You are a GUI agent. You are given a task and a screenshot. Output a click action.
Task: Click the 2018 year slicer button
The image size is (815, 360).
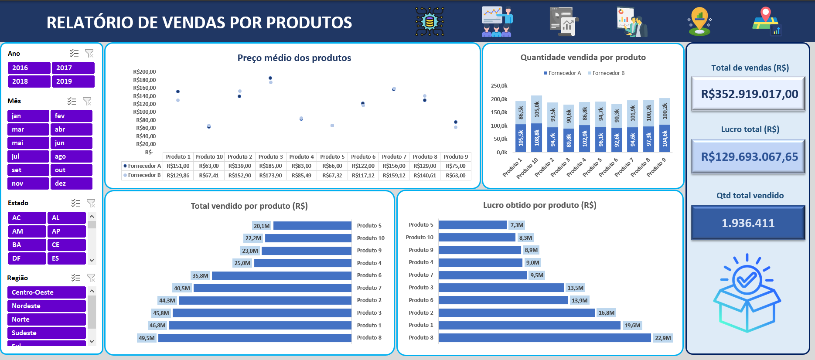(29, 82)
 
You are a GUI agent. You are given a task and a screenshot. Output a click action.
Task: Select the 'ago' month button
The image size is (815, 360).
(71, 156)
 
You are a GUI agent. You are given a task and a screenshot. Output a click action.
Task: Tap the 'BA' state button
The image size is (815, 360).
(27, 245)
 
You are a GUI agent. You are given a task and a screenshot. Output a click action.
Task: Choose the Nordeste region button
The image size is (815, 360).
(46, 306)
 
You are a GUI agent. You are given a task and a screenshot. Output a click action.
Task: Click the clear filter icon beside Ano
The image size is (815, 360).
(89, 53)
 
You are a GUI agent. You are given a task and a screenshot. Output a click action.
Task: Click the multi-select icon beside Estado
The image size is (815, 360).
(76, 203)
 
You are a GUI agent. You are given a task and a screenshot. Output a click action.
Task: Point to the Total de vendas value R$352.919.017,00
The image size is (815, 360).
(749, 94)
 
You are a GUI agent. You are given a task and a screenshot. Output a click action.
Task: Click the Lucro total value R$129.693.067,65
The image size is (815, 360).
(749, 157)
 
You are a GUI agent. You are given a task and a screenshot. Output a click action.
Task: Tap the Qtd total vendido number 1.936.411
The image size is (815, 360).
(748, 223)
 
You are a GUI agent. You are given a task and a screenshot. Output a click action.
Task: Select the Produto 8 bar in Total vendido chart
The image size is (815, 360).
(255, 338)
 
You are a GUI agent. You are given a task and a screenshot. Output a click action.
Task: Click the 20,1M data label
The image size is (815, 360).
(262, 226)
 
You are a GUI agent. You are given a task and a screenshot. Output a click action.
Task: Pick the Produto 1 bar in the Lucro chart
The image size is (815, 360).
(529, 326)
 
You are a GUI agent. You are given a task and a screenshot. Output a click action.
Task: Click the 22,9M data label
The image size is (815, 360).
(663, 338)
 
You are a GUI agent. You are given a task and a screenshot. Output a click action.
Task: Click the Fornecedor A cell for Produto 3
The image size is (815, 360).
(270, 166)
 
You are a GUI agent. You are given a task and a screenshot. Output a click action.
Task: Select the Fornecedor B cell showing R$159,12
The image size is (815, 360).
(394, 175)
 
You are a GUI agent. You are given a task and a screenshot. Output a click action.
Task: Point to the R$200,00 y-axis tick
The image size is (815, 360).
(144, 72)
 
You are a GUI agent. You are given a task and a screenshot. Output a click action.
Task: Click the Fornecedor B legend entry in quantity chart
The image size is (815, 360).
(606, 73)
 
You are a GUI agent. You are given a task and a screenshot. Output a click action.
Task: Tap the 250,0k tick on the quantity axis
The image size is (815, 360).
(499, 86)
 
